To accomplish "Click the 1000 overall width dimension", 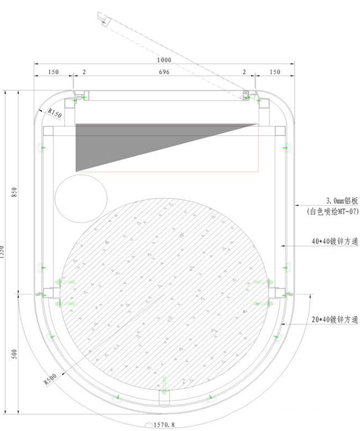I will (164, 60).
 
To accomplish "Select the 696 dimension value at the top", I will (164, 73).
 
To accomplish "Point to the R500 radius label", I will (50, 382).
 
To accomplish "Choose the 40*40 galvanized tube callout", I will (333, 242).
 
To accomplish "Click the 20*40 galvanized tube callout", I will (333, 320).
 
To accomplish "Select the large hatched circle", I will (166, 288).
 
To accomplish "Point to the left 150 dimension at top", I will (54, 73).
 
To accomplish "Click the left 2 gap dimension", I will (84, 73).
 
